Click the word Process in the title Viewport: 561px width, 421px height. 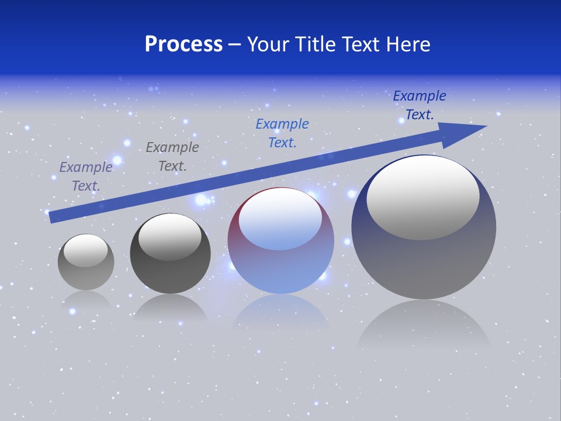(183, 44)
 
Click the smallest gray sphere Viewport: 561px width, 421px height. (86, 275)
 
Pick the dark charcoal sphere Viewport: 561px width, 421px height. (170, 275)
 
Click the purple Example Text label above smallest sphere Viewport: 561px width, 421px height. (86, 176)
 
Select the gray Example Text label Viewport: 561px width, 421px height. (172, 157)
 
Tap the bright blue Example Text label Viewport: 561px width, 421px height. (282, 133)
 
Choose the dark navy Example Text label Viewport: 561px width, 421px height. (419, 105)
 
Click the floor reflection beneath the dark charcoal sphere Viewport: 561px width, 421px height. (170, 308)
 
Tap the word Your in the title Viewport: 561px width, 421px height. (268, 44)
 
